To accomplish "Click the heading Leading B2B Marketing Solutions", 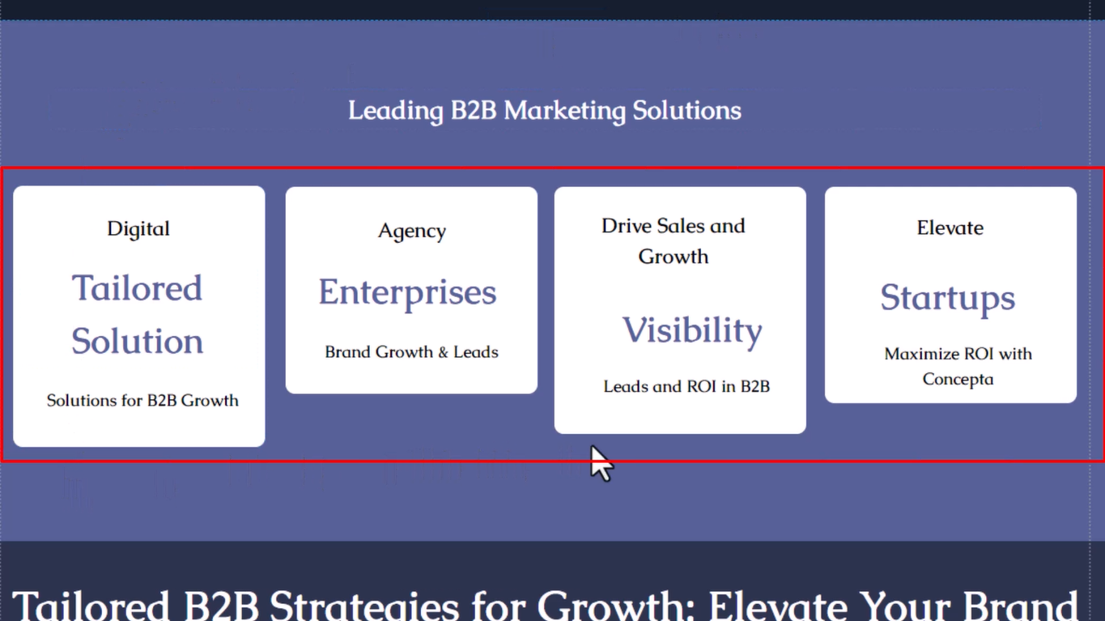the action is pos(545,110).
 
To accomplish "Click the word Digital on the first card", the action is pos(138,229).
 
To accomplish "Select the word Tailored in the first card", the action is pos(137,288).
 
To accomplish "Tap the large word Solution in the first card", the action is pos(137,341).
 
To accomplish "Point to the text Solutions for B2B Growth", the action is pos(142,400).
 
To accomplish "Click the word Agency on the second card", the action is pos(412,231).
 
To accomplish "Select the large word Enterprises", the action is pos(407,293).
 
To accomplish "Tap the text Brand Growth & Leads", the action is pos(411,352).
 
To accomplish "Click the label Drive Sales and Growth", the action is pos(674,241).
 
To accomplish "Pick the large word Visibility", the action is pos(692,331).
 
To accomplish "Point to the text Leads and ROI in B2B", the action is pos(686,386).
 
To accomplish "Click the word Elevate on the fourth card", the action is pos(950,228).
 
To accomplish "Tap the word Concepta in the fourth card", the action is pos(958,380).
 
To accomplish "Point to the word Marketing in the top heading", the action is pos(565,110).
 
